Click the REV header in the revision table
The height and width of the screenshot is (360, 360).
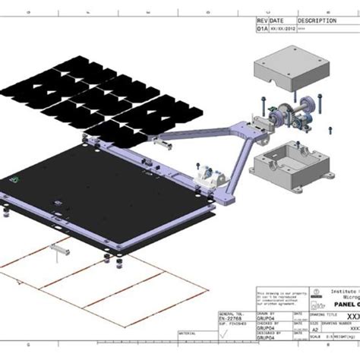tap(263, 21)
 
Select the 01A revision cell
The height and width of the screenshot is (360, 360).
tap(263, 30)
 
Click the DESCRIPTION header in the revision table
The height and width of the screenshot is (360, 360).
tap(317, 21)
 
